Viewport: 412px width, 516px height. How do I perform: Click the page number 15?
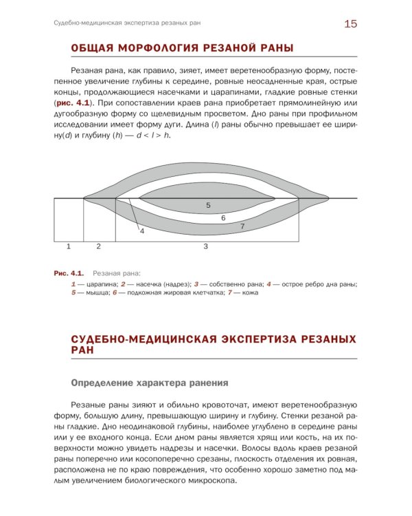[x=350, y=24]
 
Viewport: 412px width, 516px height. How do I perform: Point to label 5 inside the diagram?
[x=208, y=205]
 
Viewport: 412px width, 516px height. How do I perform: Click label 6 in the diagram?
[x=223, y=217]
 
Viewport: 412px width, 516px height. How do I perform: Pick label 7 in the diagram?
[x=242, y=226]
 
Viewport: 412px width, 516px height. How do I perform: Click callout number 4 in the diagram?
[x=142, y=231]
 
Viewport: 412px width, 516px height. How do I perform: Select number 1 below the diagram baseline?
[x=69, y=246]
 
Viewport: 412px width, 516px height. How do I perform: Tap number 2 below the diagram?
[x=98, y=246]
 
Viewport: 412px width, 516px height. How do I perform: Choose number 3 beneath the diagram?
[x=205, y=246]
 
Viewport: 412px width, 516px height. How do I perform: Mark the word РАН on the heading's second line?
[x=83, y=350]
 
